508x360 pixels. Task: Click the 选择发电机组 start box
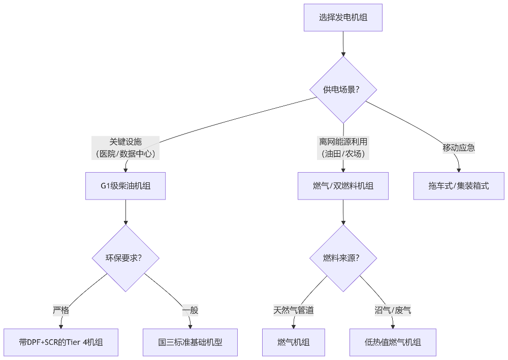[343, 18]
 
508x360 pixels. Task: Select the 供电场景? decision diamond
[343, 90]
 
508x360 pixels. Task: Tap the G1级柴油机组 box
[125, 186]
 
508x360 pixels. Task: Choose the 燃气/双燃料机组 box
[343, 186]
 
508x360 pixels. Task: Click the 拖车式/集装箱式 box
[459, 186]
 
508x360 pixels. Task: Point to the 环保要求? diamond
[125, 258]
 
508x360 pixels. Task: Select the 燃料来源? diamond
[343, 258]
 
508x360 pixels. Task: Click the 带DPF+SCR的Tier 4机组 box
[61, 342]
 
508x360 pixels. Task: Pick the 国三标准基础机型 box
[190, 342]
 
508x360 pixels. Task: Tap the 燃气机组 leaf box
[294, 342]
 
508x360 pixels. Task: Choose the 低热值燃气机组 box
[393, 342]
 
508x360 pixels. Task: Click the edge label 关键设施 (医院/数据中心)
[125, 148]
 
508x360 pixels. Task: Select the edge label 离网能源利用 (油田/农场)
[343, 148]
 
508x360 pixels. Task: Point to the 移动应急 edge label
[459, 148]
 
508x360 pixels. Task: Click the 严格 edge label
[61, 310]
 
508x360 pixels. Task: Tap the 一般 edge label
[190, 310]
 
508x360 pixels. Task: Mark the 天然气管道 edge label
[294, 310]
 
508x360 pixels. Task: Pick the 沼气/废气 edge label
[393, 310]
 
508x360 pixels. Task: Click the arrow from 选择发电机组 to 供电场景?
[343, 44]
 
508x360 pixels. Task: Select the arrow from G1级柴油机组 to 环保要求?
[125, 212]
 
